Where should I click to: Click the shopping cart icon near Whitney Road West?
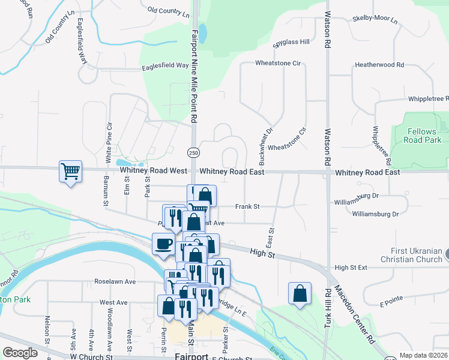[x=70, y=172]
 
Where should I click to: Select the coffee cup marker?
[x=163, y=245]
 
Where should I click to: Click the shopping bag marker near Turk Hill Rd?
[x=300, y=293]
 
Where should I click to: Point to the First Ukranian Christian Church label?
[x=411, y=255]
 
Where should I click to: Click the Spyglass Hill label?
[x=291, y=42]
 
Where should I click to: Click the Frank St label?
[x=247, y=206]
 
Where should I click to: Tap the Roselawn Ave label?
[x=115, y=281]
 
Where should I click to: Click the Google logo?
[x=20, y=353]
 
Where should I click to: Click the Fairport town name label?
[x=191, y=356]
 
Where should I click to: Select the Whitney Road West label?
[x=153, y=171]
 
